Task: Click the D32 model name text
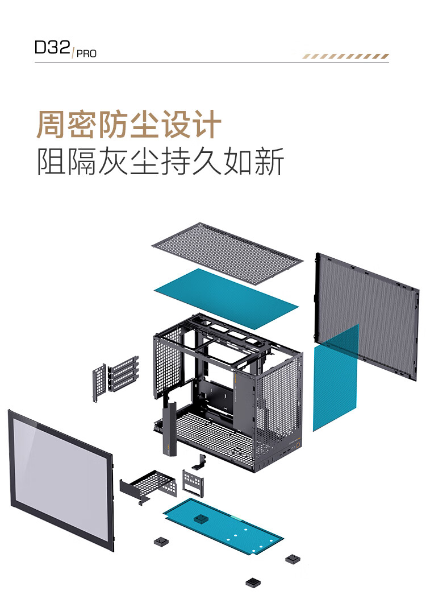tap(52, 47)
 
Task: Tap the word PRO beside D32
tap(86, 54)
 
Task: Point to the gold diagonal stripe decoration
tap(345, 56)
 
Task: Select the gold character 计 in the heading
tap(207, 125)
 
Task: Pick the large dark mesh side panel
tap(367, 316)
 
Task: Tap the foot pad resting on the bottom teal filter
tap(201, 519)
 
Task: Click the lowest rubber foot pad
tap(253, 583)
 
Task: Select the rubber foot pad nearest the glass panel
tap(161, 542)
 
